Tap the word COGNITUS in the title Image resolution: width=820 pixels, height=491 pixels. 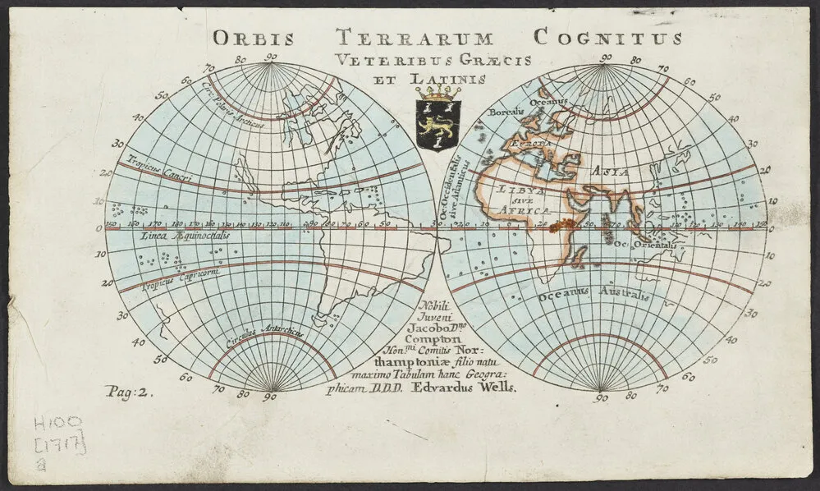(x=607, y=38)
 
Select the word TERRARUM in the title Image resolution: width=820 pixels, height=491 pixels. (x=415, y=38)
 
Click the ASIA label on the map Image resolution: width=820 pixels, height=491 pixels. (x=609, y=172)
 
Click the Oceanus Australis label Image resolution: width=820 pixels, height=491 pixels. (x=593, y=295)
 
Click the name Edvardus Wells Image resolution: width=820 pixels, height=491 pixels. (x=472, y=389)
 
